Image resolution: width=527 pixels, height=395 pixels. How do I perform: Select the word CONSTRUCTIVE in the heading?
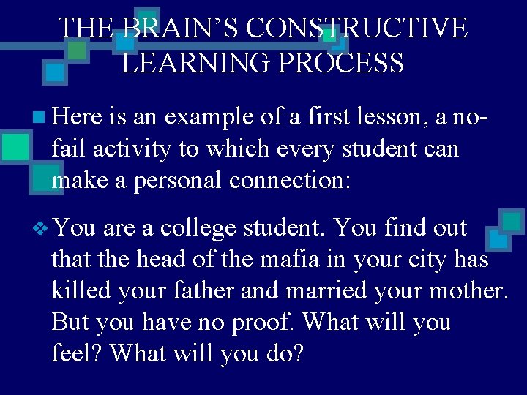pos(356,28)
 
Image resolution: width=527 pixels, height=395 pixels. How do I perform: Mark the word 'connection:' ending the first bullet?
pos(293,180)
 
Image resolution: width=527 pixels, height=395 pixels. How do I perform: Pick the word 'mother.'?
pos(468,290)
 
